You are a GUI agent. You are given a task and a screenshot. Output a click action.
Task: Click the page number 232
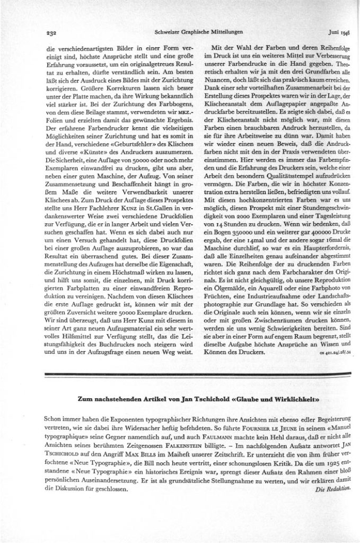tap(51, 31)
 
